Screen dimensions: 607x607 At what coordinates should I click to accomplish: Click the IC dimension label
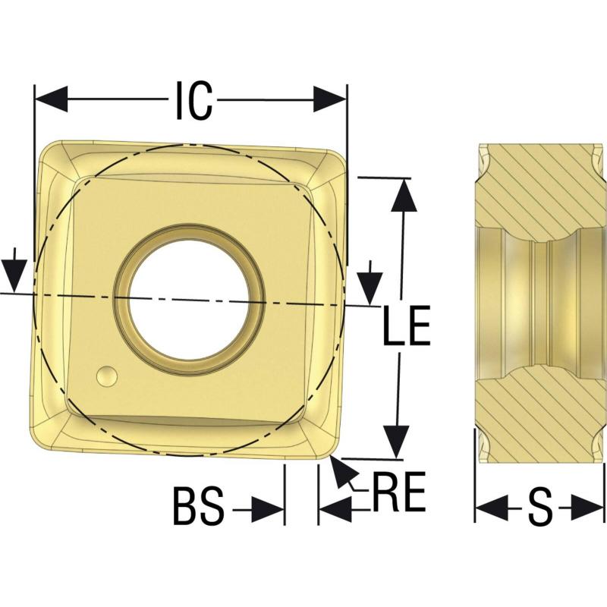tap(194, 100)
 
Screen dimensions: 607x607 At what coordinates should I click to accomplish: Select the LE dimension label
tap(407, 326)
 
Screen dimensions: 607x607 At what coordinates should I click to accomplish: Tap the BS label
tap(198, 506)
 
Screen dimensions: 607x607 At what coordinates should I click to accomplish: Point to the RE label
tap(399, 491)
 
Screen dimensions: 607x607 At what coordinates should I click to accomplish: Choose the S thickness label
tap(540, 507)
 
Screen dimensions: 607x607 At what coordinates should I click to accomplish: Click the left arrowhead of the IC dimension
tap(51, 99)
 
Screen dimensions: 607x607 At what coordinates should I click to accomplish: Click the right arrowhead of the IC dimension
tap(330, 99)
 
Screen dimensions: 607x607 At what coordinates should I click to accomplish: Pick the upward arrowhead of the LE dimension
tap(404, 196)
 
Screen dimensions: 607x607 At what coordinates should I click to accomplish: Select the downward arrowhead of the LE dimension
tap(396, 442)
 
